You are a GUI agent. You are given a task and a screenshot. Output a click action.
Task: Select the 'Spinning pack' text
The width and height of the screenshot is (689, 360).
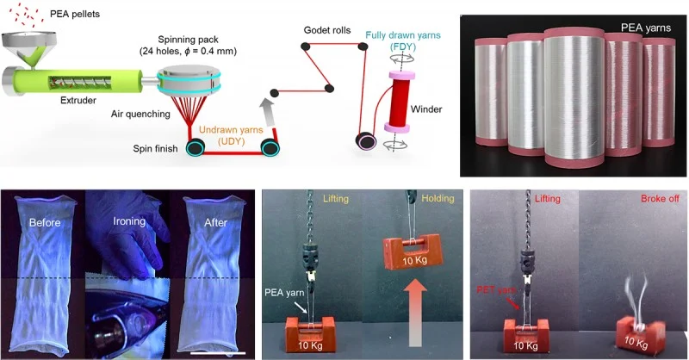click(183, 40)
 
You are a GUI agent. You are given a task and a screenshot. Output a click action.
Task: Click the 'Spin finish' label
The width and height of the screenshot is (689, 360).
click(155, 149)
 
